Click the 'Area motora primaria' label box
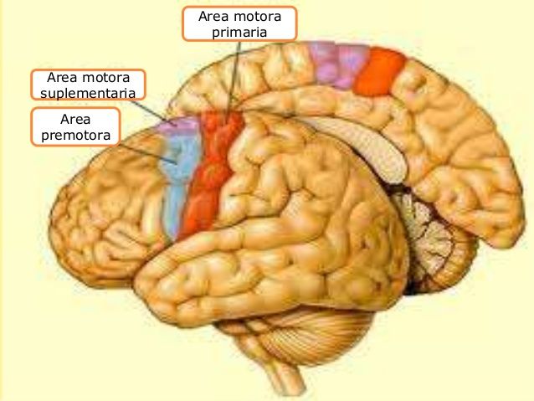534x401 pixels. [x=239, y=23]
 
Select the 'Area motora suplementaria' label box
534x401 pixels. [x=88, y=85]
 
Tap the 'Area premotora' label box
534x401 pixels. [x=75, y=126]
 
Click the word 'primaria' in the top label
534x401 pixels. [x=239, y=32]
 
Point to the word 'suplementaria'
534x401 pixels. [x=88, y=92]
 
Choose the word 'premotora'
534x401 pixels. [x=75, y=134]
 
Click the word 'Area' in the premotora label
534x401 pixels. [x=75, y=119]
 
